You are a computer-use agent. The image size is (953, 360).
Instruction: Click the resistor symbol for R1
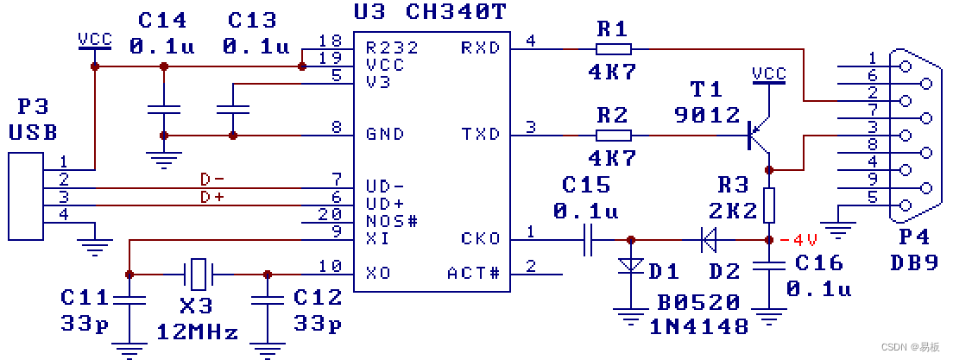pos(613,48)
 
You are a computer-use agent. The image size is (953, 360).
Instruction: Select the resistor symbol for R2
pos(613,136)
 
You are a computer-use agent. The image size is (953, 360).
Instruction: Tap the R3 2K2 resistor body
pos(768,205)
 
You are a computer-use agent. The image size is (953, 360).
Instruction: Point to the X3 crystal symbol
pos(199,275)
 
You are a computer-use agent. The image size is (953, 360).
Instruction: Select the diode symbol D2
pos(709,240)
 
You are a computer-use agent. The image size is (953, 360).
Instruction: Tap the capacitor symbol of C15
pos(587,240)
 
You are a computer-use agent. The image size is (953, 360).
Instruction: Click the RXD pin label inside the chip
pos(480,47)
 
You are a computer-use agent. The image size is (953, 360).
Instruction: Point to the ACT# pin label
pos(473,274)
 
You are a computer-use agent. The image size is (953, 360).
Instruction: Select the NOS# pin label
pos(391,221)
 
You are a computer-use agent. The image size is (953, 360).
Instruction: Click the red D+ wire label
pos(211,197)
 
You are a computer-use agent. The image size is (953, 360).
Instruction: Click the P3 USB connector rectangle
pos(25,197)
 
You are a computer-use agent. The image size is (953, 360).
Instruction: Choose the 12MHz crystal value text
pos(197,332)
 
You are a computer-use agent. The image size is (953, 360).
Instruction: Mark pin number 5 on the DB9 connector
pos(872,197)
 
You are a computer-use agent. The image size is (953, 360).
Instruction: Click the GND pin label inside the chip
pos(385,135)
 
